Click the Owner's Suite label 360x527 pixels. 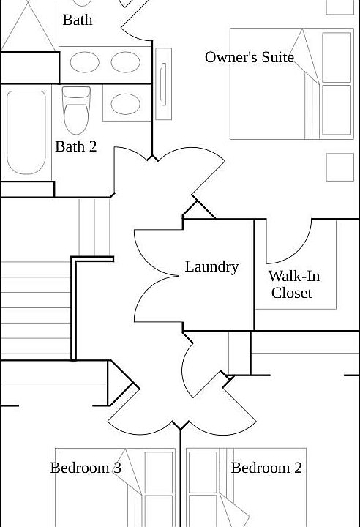pyautogui.click(x=250, y=57)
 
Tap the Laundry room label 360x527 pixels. pyautogui.click(x=211, y=267)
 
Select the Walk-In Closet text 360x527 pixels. pyautogui.click(x=294, y=284)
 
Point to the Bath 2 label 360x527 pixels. pyautogui.click(x=76, y=146)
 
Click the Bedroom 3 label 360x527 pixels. pyautogui.click(x=86, y=468)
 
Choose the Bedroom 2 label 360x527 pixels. pyautogui.click(x=266, y=468)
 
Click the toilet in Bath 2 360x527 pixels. pyautogui.click(x=76, y=111)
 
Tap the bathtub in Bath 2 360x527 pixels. pyautogui.click(x=26, y=132)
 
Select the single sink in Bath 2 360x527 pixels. pyautogui.click(x=125, y=104)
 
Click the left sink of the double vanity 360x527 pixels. pyautogui.click(x=84, y=62)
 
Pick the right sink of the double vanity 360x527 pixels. pyautogui.click(x=125, y=62)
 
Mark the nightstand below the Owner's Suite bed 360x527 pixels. pyautogui.click(x=340, y=168)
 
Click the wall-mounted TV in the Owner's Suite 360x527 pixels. pyautogui.click(x=164, y=84)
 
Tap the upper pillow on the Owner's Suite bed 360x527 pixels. pyautogui.click(x=337, y=58)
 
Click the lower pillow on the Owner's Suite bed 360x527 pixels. pyautogui.click(x=337, y=110)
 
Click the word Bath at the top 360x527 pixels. pyautogui.click(x=78, y=20)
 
